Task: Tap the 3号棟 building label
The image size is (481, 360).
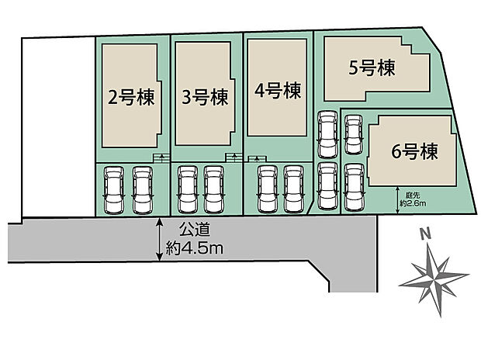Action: click(x=204, y=98)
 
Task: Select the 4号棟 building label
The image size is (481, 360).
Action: click(x=277, y=92)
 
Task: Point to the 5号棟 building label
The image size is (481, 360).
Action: click(x=372, y=69)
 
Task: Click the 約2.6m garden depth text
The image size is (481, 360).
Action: click(x=412, y=202)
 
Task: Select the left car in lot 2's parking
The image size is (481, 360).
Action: click(x=113, y=189)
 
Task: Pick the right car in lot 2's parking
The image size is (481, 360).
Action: click(x=142, y=189)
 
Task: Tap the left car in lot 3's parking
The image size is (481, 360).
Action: click(x=187, y=189)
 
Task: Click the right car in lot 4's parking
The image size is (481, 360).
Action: click(x=292, y=189)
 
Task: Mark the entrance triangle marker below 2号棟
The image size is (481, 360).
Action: click(x=161, y=158)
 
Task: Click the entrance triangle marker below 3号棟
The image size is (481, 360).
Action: click(x=234, y=158)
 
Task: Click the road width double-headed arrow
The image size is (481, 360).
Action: click(x=159, y=239)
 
